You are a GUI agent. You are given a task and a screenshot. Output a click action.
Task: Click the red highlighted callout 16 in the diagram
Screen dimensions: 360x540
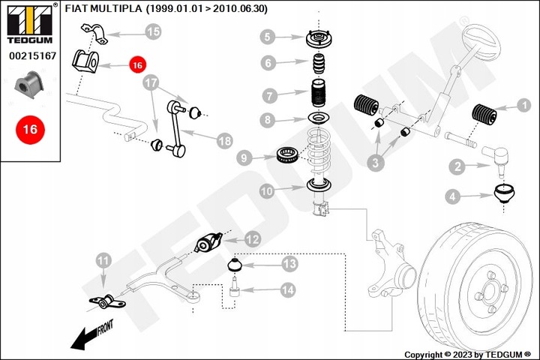(x=136, y=65)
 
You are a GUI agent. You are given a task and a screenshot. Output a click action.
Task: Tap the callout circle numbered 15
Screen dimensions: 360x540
(x=153, y=31)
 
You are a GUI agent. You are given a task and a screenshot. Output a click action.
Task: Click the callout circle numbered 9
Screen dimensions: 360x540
(x=243, y=157)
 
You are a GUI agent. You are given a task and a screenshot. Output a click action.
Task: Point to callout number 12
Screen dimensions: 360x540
(x=253, y=240)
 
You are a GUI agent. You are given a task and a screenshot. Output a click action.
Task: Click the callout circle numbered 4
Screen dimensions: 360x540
(x=454, y=198)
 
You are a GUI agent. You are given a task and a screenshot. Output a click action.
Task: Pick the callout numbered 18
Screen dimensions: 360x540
(x=224, y=140)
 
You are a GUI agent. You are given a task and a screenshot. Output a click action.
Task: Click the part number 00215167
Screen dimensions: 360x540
(x=30, y=55)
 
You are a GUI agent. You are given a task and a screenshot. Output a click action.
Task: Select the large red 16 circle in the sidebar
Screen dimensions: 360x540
(x=30, y=130)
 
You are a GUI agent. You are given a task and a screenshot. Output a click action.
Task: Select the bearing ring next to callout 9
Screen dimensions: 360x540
(x=288, y=154)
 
